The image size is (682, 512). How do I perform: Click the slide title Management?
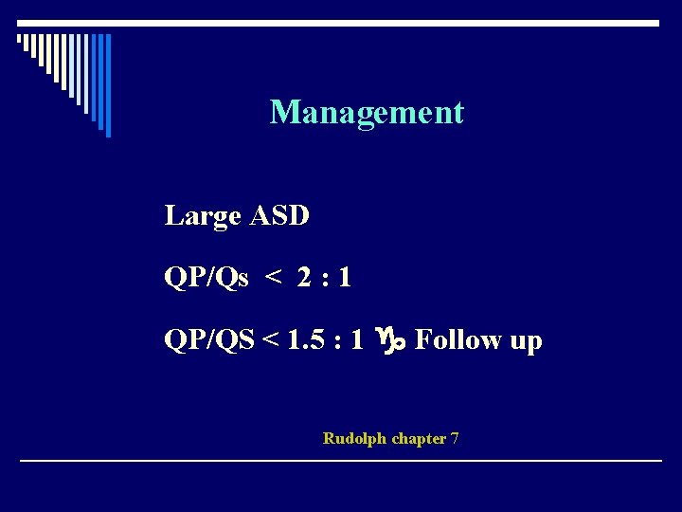click(x=367, y=113)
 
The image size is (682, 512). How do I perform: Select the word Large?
click(x=202, y=217)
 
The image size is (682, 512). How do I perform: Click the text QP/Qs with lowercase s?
click(x=206, y=279)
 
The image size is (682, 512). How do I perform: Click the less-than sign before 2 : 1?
click(x=274, y=279)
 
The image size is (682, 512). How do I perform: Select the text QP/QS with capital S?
click(x=208, y=340)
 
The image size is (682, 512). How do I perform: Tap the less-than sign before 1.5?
click(x=271, y=340)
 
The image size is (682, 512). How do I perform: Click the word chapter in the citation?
click(x=419, y=439)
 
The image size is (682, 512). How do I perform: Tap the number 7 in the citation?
click(x=455, y=438)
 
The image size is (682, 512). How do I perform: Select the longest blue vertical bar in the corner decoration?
click(x=108, y=85)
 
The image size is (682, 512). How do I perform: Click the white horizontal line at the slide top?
click(x=341, y=22)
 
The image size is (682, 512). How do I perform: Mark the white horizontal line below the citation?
click(x=341, y=461)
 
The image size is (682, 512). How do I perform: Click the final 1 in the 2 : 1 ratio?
click(x=344, y=278)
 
